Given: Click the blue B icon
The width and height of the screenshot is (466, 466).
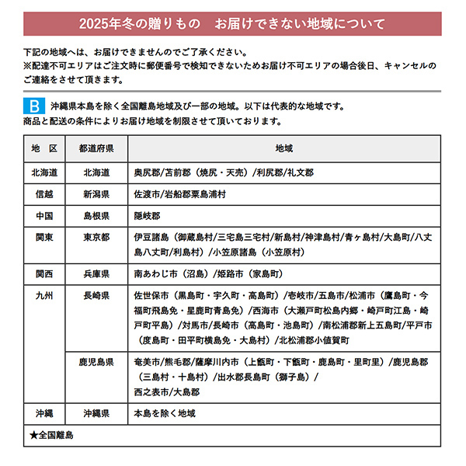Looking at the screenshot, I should (x=36, y=105).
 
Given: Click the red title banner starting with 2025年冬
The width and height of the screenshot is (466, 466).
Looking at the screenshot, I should (x=233, y=23).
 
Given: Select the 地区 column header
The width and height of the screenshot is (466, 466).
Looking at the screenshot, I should (x=44, y=148).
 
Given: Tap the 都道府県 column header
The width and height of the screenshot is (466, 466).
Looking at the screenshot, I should (x=96, y=148).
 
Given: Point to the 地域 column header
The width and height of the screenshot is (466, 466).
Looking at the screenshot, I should (x=283, y=148).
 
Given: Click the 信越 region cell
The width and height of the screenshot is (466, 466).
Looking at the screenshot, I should (x=44, y=194).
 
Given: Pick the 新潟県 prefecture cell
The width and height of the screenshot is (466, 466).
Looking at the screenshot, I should (x=96, y=194).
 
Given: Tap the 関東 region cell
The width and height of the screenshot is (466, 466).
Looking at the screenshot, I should (x=44, y=237).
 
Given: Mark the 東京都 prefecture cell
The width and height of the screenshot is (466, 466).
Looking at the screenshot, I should (x=96, y=237).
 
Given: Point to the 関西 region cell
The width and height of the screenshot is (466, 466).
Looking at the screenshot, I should (x=44, y=274).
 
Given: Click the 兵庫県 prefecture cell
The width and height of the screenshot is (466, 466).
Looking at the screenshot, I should (x=96, y=274).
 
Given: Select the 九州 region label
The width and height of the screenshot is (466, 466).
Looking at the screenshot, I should (x=44, y=296).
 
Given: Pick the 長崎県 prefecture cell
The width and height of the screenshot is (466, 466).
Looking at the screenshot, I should (x=96, y=296).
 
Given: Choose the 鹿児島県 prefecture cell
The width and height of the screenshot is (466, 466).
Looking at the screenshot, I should (x=96, y=362).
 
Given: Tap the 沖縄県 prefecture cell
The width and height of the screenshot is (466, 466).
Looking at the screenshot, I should (x=96, y=413).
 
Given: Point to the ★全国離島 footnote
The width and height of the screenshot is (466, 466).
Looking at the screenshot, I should (x=51, y=436).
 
